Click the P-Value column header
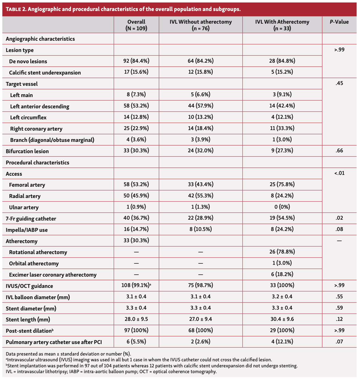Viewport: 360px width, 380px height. tap(339, 22)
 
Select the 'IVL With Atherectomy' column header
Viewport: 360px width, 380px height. tap(282, 25)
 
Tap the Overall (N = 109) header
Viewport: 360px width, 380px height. tap(136, 25)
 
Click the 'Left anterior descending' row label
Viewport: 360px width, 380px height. tap(40, 106)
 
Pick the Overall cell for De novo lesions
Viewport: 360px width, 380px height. tap(136, 61)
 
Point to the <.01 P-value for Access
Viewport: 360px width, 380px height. tap(339, 173)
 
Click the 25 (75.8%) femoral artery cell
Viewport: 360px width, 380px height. tap(282, 185)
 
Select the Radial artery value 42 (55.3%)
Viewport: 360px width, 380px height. tap(200, 196)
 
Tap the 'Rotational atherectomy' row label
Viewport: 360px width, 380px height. tap(38, 252)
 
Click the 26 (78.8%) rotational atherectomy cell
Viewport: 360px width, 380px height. tap(282, 252)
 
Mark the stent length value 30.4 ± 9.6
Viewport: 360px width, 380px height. tap(282, 319)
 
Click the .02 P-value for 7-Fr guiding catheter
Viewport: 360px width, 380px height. tap(339, 218)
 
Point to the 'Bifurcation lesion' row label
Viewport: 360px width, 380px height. tap(27, 151)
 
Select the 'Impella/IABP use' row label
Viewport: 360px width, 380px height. tap(27, 230)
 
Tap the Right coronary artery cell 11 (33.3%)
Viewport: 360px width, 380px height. tap(282, 128)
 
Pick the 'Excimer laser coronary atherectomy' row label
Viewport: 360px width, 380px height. tap(53, 275)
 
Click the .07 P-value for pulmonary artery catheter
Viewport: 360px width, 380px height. tap(339, 342)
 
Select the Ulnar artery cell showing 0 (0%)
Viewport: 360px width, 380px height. tap(282, 207)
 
